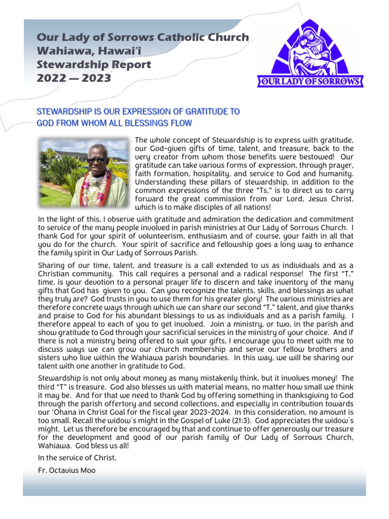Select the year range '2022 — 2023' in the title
[74, 78]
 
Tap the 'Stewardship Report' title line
[94, 65]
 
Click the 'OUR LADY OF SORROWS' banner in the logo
[310, 82]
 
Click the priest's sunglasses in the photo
[97, 160]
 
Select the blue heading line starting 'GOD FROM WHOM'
[114, 123]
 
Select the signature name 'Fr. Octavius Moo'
[66, 470]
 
